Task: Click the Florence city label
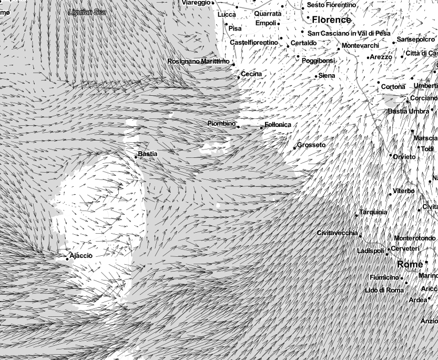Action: tap(331, 20)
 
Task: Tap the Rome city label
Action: tap(410, 264)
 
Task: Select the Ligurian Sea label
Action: tap(87, 12)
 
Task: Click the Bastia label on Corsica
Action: tap(147, 154)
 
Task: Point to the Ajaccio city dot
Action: tap(67, 258)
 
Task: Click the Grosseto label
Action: tap(311, 145)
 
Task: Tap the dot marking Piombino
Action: tap(238, 126)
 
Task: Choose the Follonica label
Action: tap(278, 125)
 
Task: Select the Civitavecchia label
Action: tap(337, 233)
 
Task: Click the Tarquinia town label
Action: tap(373, 212)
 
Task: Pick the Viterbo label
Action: tap(404, 191)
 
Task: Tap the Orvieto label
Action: tap(404, 156)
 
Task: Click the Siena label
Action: tap(327, 76)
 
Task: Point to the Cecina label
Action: tap(251, 74)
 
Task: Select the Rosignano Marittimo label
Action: tap(198, 62)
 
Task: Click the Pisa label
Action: tap(235, 28)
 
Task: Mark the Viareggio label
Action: tap(196, 3)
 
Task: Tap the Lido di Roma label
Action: tap(384, 290)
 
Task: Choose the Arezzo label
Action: tap(381, 57)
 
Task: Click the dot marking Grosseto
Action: tap(294, 148)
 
